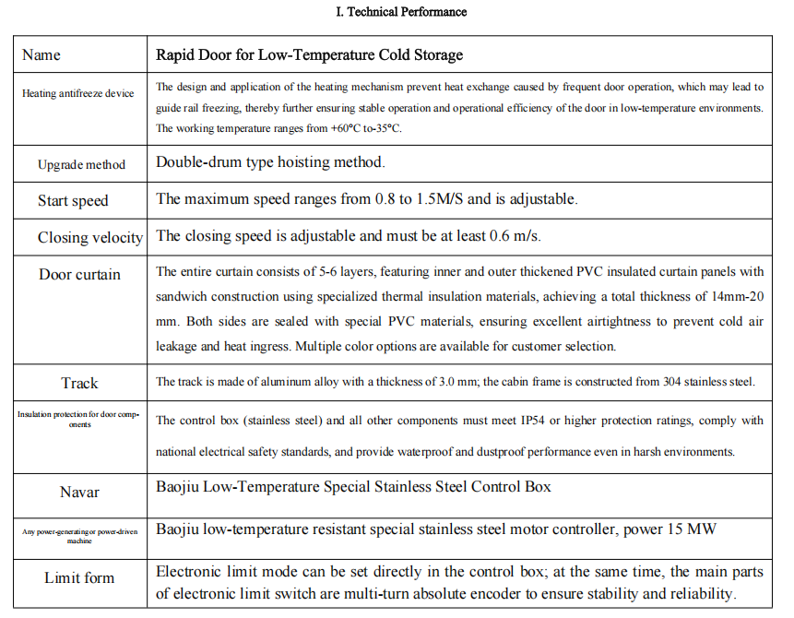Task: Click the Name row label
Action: pyautogui.click(x=41, y=54)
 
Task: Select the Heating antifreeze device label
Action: pyautogui.click(x=78, y=94)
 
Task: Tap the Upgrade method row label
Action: pyautogui.click(x=81, y=165)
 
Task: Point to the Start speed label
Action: pyautogui.click(x=73, y=200)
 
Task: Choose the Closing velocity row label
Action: pyautogui.click(x=89, y=237)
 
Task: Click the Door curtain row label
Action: pyautogui.click(x=79, y=274)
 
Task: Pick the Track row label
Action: pyautogui.click(x=80, y=383)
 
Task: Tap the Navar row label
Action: pyautogui.click(x=79, y=493)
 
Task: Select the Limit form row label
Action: pyautogui.click(x=79, y=578)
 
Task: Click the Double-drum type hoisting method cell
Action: pyautogui.click(x=270, y=162)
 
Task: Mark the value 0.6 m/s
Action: pyautogui.click(x=514, y=236)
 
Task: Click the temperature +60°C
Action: pyautogui.click(x=333, y=128)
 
